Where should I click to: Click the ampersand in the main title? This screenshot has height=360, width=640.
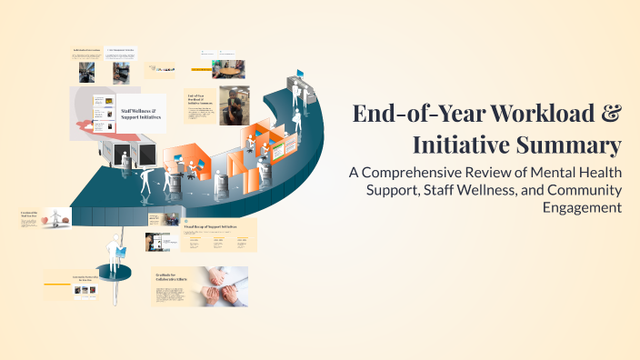point(612,115)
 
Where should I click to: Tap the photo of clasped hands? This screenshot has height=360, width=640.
point(224,285)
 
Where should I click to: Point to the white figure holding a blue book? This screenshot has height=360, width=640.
point(117,249)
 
